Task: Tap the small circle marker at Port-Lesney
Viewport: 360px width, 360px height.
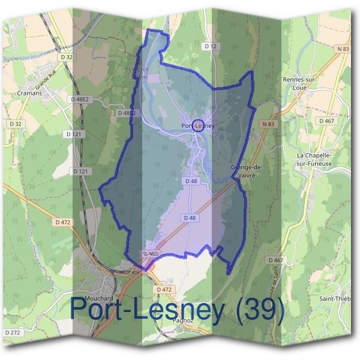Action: point(200,125)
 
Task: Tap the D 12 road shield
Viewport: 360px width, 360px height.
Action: point(209,46)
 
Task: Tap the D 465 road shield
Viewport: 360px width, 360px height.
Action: point(151,254)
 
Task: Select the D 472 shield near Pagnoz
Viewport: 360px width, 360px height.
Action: point(163,289)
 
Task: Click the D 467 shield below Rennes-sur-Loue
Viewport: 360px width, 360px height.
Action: point(326,121)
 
